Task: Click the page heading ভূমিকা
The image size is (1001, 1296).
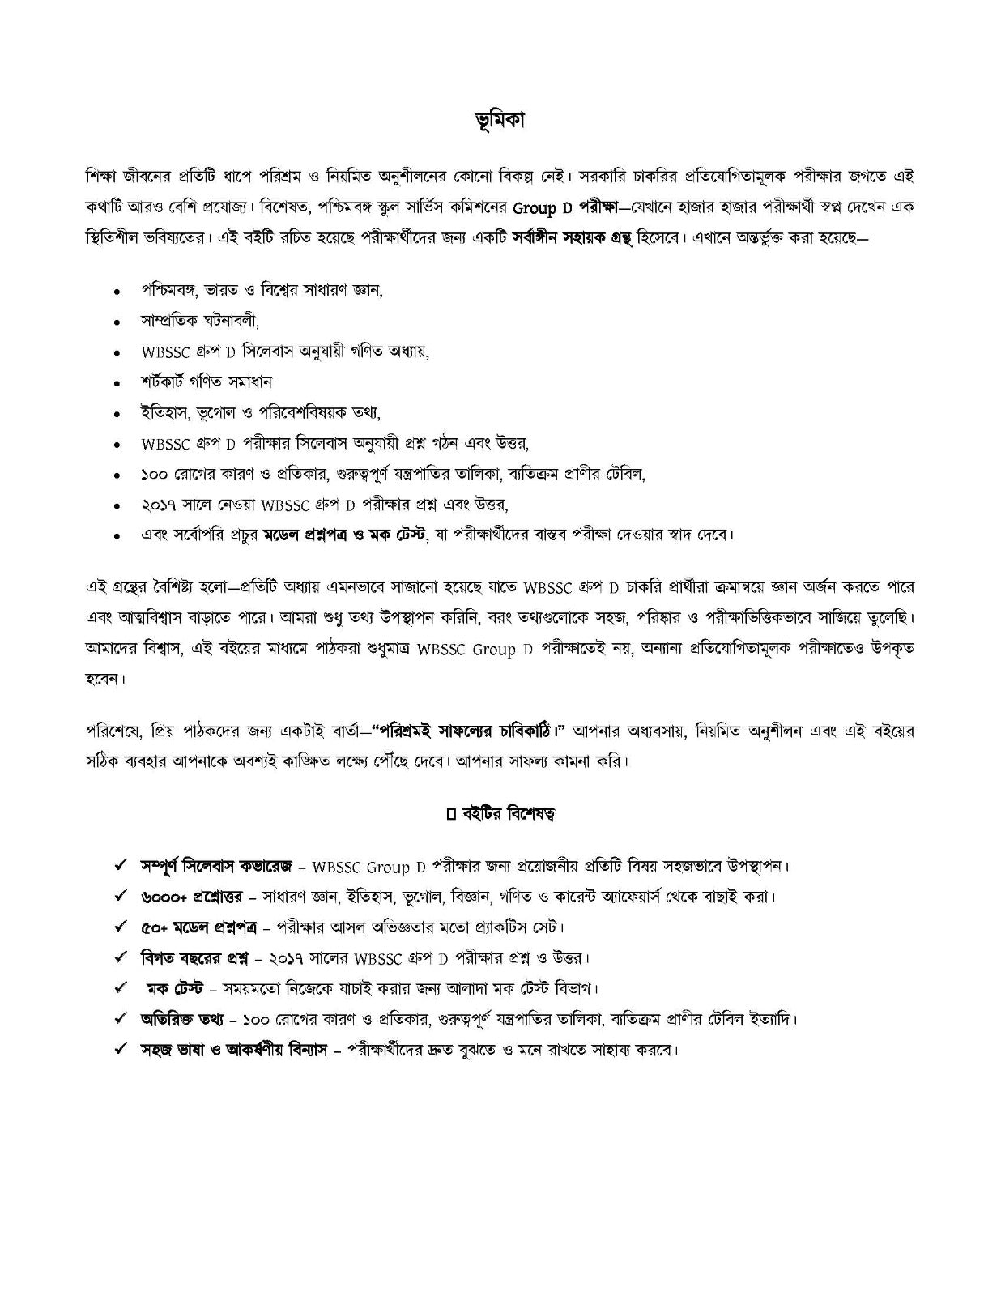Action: coord(500,120)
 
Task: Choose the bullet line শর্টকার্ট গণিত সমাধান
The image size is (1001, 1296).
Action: coord(207,381)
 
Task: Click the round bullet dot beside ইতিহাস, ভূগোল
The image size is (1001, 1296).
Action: coord(118,413)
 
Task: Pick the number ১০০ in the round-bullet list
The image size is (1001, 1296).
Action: coord(153,474)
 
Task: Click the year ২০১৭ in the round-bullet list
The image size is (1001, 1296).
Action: coord(156,504)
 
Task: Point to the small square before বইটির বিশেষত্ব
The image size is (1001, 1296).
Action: coord(451,814)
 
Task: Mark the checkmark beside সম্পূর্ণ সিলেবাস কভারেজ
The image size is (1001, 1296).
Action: coord(120,865)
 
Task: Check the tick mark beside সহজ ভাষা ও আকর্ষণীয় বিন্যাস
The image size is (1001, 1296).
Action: coord(120,1049)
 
